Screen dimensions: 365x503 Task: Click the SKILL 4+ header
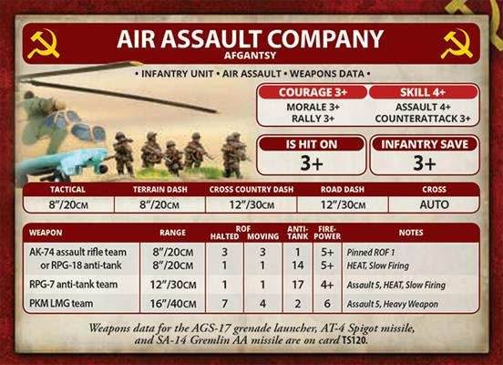[x=421, y=93]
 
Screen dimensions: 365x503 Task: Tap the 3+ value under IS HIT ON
[x=313, y=163]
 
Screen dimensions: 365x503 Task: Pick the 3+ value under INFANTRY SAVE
[x=422, y=163]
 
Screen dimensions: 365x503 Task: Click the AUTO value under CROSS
[x=434, y=204]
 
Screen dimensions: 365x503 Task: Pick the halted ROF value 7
[x=224, y=302]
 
